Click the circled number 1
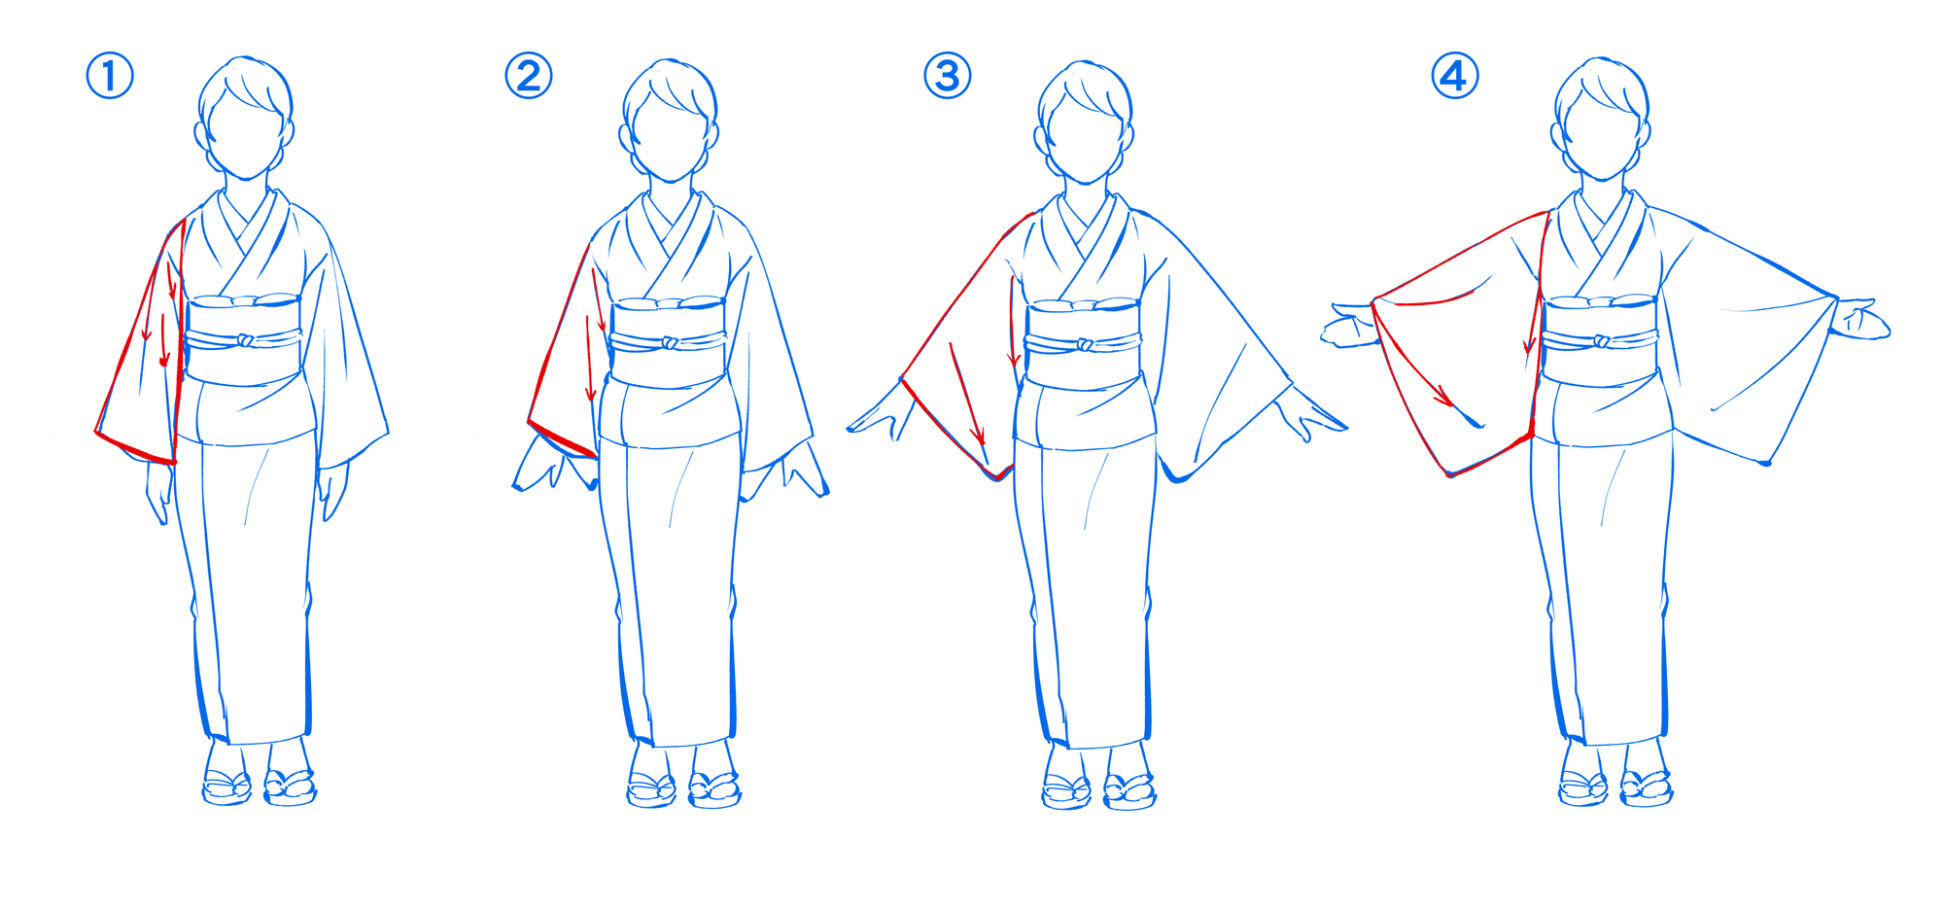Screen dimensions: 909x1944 coord(110,76)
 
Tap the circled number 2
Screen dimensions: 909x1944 coord(529,76)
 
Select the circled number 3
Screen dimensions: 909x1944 coord(948,76)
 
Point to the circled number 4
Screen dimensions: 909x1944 coord(1455,76)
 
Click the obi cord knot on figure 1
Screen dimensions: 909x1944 coord(246,340)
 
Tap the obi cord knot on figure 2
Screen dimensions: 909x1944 coord(670,343)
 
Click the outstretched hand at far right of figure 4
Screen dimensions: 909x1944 coord(1861,321)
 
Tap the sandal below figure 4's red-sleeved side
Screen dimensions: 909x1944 coord(1583,787)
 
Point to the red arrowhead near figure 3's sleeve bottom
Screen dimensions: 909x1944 coord(981,439)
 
